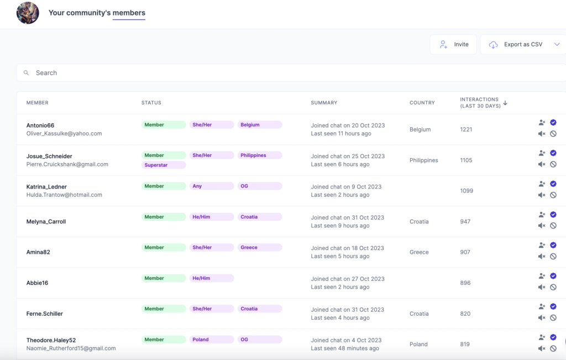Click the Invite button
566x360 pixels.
453,44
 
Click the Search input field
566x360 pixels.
276,73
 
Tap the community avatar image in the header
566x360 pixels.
28,13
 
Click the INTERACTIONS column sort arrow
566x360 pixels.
505,103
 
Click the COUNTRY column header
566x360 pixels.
422,103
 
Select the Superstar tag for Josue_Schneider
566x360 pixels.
164,165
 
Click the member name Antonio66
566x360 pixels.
40,126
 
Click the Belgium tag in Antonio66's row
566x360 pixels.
259,125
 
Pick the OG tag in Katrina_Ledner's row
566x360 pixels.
259,186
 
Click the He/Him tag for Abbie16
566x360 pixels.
211,278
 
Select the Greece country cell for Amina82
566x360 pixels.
419,252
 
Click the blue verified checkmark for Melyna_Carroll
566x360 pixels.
553,215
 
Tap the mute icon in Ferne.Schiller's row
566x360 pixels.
542,318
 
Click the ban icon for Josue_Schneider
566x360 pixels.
553,164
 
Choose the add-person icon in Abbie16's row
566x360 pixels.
542,276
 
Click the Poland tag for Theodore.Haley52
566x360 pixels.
211,340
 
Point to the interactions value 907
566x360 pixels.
465,252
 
